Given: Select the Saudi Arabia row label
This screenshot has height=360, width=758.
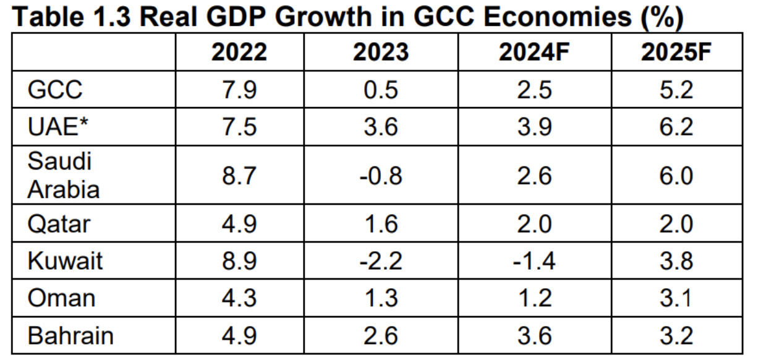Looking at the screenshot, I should [x=62, y=176].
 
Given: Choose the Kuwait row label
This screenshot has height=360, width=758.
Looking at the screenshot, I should [x=64, y=261].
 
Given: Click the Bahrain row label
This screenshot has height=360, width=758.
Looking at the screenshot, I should [x=70, y=336].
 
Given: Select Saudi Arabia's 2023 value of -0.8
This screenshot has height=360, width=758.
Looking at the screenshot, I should [x=381, y=176].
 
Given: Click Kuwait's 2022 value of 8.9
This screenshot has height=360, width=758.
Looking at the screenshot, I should [x=239, y=262].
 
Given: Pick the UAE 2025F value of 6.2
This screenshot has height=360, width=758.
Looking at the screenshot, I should [x=676, y=128].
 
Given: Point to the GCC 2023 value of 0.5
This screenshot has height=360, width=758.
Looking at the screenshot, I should [x=381, y=91].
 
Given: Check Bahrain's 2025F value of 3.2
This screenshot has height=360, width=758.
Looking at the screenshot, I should [x=676, y=336].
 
